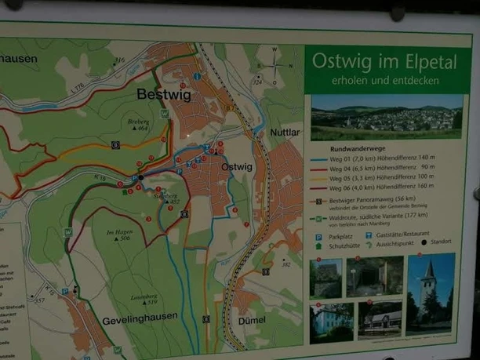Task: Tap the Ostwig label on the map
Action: (x=237, y=167)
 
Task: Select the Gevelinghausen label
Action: (x=138, y=321)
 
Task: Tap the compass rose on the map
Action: (x=275, y=64)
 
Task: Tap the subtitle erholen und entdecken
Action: (x=385, y=80)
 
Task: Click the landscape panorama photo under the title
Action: (x=387, y=117)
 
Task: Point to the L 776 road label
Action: (x=72, y=75)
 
